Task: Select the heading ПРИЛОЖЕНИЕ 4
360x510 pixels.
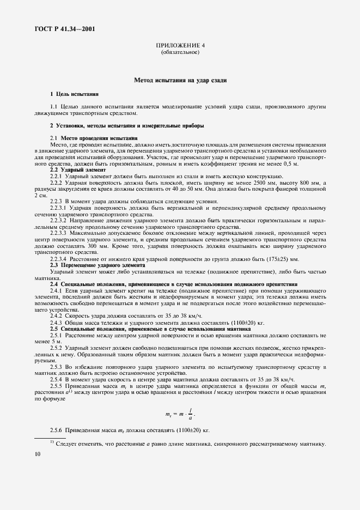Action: (x=180, y=45)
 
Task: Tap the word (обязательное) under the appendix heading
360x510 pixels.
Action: (x=180, y=52)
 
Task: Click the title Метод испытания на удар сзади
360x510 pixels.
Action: (x=180, y=81)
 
